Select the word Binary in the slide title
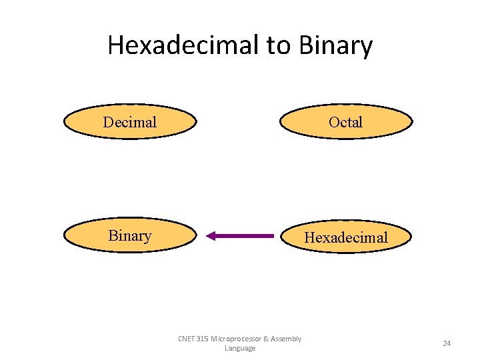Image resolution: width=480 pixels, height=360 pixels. [335, 45]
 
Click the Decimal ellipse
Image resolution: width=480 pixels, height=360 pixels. [130, 122]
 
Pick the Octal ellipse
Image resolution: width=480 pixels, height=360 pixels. [345, 122]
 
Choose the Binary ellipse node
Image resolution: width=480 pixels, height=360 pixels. [130, 235]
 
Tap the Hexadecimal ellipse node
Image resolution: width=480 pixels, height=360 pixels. [345, 237]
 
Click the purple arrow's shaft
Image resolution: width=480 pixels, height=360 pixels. [247, 235]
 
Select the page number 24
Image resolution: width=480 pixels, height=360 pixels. [447, 343]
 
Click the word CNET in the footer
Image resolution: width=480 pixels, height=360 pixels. [187, 339]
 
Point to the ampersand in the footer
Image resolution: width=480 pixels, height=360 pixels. [266, 339]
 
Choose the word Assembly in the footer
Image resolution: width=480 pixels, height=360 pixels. [286, 339]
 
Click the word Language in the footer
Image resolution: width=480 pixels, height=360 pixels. [240, 348]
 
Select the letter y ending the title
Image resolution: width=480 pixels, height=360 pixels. [367, 48]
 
